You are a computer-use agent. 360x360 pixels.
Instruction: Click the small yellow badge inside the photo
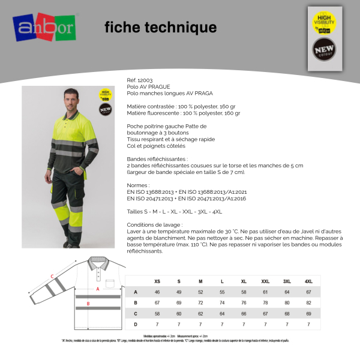(x=106, y=94)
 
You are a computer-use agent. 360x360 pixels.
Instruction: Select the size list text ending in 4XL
(x=175, y=212)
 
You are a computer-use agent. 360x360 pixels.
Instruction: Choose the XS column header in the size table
(x=157, y=281)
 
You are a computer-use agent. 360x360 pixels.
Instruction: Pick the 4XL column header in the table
(x=308, y=281)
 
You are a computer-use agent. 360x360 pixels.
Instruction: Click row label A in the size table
(x=136, y=292)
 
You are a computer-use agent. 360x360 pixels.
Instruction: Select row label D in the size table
(x=136, y=324)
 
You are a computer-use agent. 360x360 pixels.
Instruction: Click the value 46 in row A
(x=157, y=292)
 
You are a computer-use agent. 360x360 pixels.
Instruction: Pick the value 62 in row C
(x=200, y=313)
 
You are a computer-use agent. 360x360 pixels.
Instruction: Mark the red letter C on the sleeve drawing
(x=52, y=276)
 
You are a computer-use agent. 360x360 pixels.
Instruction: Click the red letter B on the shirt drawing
(x=89, y=304)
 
